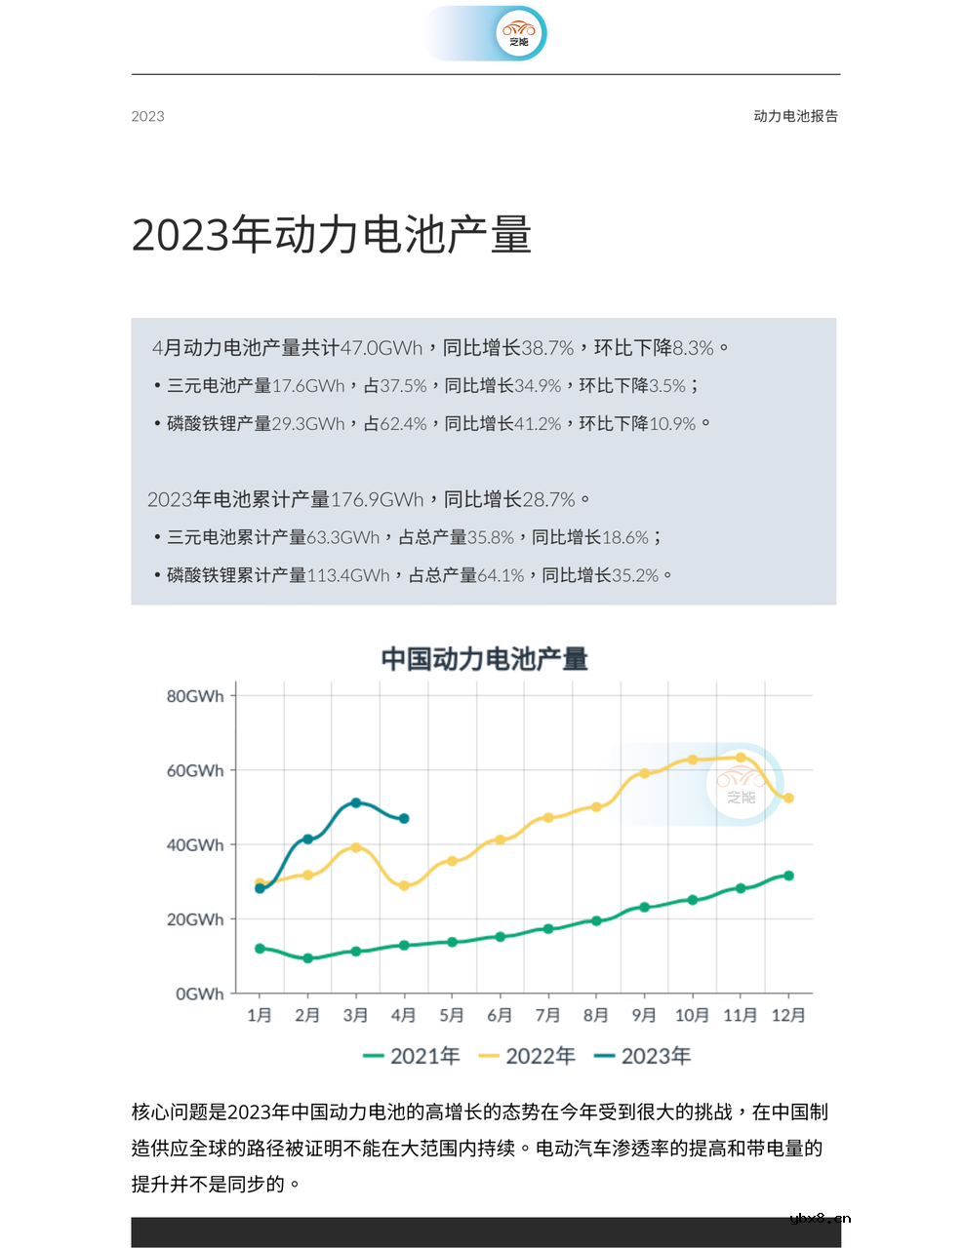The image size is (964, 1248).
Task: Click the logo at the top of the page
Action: pos(517,34)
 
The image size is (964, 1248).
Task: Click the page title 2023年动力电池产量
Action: pos(332,236)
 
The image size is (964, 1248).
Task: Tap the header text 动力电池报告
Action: pos(795,116)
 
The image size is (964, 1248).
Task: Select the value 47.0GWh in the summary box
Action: pos(382,348)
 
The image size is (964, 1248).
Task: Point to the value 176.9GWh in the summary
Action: pos(377,500)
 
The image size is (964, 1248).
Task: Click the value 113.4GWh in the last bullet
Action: pos(348,575)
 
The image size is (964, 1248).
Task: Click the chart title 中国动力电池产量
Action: pos(484,659)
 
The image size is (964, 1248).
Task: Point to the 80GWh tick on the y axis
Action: pos(195,696)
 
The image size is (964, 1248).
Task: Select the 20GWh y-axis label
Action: pos(195,919)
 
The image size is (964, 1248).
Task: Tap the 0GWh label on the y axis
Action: pos(199,994)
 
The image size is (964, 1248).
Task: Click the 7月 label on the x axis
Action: pos(547,1016)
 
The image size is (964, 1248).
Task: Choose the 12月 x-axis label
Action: pos(788,1016)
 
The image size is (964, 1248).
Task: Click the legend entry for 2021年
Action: pos(411,1056)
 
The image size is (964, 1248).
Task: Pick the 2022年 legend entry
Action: pos(527,1056)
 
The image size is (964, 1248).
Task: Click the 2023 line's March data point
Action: pos(356,803)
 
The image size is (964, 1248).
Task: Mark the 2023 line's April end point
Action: pos(404,819)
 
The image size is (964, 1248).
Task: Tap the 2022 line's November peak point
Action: pos(741,758)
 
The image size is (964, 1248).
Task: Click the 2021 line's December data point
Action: pos(788,876)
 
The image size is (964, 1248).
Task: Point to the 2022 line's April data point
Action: pos(404,885)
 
